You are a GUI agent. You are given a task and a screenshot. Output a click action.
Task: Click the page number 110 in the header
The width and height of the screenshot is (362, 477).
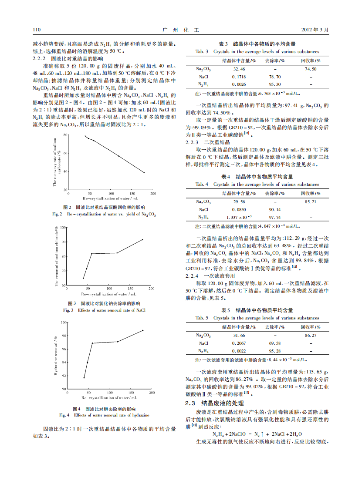37,30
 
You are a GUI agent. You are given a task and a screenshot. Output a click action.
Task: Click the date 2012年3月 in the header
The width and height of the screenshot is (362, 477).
315,30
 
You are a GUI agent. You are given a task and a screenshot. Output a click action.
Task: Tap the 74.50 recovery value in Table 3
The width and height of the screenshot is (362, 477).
311,69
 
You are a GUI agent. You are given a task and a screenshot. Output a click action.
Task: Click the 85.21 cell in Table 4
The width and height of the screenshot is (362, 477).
311,202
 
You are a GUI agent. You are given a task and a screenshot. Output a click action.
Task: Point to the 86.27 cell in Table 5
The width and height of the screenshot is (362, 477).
311,336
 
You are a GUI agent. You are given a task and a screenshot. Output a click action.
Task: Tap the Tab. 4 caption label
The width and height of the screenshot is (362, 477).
202,185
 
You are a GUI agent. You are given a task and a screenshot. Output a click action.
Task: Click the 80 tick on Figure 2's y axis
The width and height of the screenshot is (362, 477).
66,135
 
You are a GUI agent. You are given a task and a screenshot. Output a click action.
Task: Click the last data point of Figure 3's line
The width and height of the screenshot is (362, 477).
142,239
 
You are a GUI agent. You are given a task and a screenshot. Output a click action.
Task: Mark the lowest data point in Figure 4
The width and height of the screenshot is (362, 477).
84,377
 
